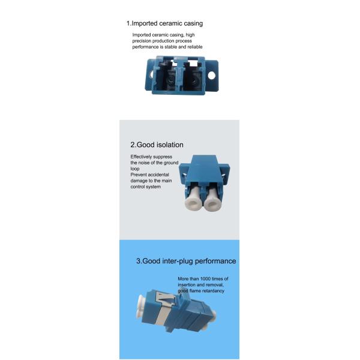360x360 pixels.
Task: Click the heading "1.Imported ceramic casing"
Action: tap(164, 23)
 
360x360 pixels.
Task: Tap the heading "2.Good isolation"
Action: tap(157, 145)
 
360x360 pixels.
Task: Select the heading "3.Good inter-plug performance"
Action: tap(186, 261)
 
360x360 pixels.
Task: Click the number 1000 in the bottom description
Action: tap(205, 279)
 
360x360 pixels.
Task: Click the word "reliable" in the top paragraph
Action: tap(195, 47)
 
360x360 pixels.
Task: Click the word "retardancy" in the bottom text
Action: tap(213, 291)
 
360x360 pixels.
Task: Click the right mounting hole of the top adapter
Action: tap(211, 76)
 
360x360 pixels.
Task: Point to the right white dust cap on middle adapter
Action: tap(212, 199)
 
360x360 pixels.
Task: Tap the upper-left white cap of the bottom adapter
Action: tap(141, 301)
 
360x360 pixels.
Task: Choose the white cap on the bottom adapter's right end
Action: tap(214, 315)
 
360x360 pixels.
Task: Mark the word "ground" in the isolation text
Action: tap(171, 163)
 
